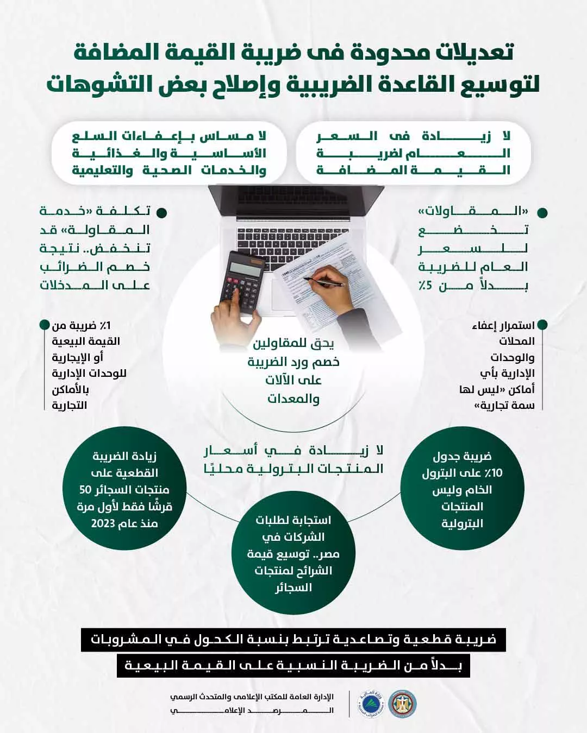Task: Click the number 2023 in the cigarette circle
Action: click(102, 524)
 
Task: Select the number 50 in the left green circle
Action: click(85, 490)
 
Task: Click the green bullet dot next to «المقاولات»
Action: click(541, 212)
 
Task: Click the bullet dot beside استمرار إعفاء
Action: click(541, 326)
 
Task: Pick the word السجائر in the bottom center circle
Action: click(293, 588)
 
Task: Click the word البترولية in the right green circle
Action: click(462, 524)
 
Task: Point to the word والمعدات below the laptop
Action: click(293, 399)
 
